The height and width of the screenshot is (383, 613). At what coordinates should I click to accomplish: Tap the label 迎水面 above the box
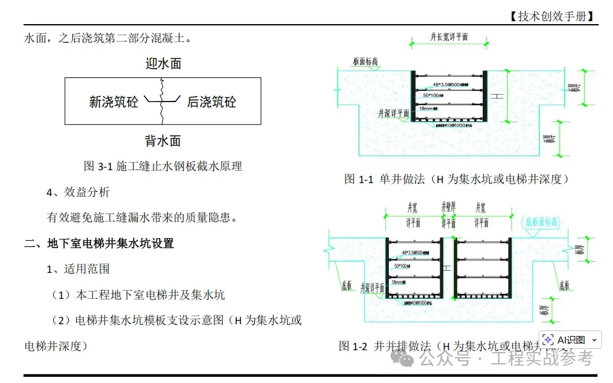(x=163, y=63)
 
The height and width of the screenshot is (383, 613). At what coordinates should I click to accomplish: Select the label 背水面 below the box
(x=163, y=141)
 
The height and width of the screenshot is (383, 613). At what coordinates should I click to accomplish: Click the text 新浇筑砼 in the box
(x=114, y=102)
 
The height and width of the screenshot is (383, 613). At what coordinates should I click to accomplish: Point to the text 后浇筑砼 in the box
(x=212, y=102)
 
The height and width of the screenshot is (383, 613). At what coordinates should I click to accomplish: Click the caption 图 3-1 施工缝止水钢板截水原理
(x=163, y=166)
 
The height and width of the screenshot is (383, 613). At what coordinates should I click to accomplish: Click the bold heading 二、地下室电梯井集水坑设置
(x=99, y=243)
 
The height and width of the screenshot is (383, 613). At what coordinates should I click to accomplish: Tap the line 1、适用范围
(x=78, y=269)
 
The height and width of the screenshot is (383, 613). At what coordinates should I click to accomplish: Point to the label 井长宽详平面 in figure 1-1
(x=450, y=37)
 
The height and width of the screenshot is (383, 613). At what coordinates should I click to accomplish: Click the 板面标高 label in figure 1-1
(x=366, y=62)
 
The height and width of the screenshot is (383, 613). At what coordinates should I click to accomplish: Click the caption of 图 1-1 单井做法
(x=456, y=179)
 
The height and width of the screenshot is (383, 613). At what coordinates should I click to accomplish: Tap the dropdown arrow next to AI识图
(x=594, y=340)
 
